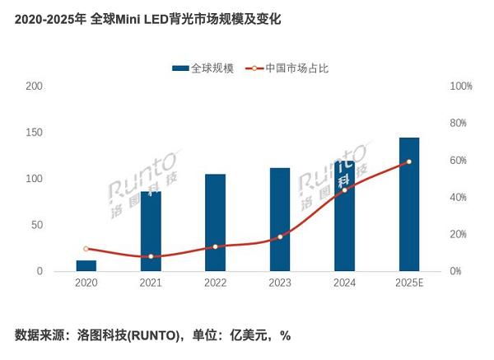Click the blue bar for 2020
pyautogui.click(x=86, y=265)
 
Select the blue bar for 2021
pyautogui.click(x=151, y=231)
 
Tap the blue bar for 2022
pyautogui.click(x=215, y=222)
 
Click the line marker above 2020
pyautogui.click(x=86, y=249)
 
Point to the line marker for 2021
pyautogui.click(x=151, y=257)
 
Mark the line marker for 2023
pyautogui.click(x=280, y=237)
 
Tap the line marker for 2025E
pyautogui.click(x=409, y=161)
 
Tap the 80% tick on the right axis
pyautogui.click(x=459, y=124)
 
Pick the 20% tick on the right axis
pyautogui.click(x=459, y=235)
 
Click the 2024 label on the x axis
pyautogui.click(x=344, y=283)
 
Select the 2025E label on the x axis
pyautogui.click(x=409, y=283)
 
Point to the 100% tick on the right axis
pyautogui.click(x=460, y=86)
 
